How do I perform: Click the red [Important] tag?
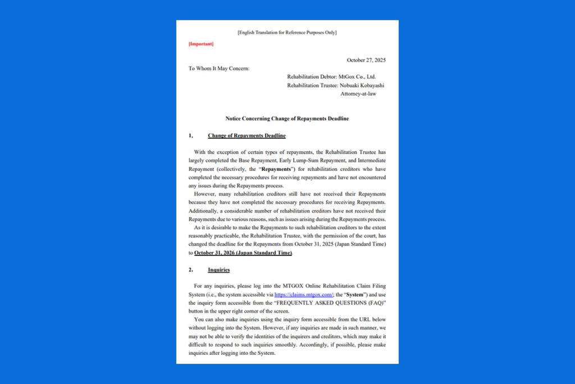201,44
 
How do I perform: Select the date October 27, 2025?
366,60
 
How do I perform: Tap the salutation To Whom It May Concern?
219,69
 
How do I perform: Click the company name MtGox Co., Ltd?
357,77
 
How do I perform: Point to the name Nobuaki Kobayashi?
362,85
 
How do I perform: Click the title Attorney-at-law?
358,94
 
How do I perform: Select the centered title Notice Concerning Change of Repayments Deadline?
287,119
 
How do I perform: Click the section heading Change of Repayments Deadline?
247,136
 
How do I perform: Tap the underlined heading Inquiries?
218,270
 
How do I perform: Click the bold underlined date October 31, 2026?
243,253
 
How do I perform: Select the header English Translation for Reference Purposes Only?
287,33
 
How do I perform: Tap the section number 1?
191,136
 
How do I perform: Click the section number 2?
191,270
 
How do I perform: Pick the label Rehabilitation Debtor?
312,77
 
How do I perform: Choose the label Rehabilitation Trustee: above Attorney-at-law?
312,85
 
